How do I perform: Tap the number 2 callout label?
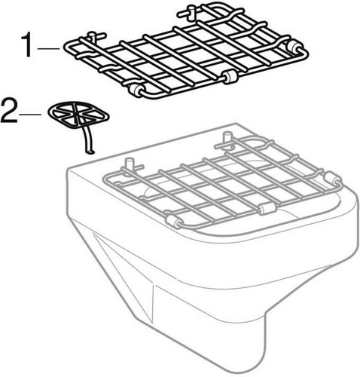9,112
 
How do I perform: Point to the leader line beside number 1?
49,48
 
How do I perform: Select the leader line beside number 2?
31,115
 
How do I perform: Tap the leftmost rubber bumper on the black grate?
137,90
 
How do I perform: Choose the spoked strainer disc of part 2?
78,115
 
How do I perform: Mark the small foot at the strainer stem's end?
90,152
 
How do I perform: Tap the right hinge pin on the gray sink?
225,139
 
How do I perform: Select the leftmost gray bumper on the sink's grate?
173,221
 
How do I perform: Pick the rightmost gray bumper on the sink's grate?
332,178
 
